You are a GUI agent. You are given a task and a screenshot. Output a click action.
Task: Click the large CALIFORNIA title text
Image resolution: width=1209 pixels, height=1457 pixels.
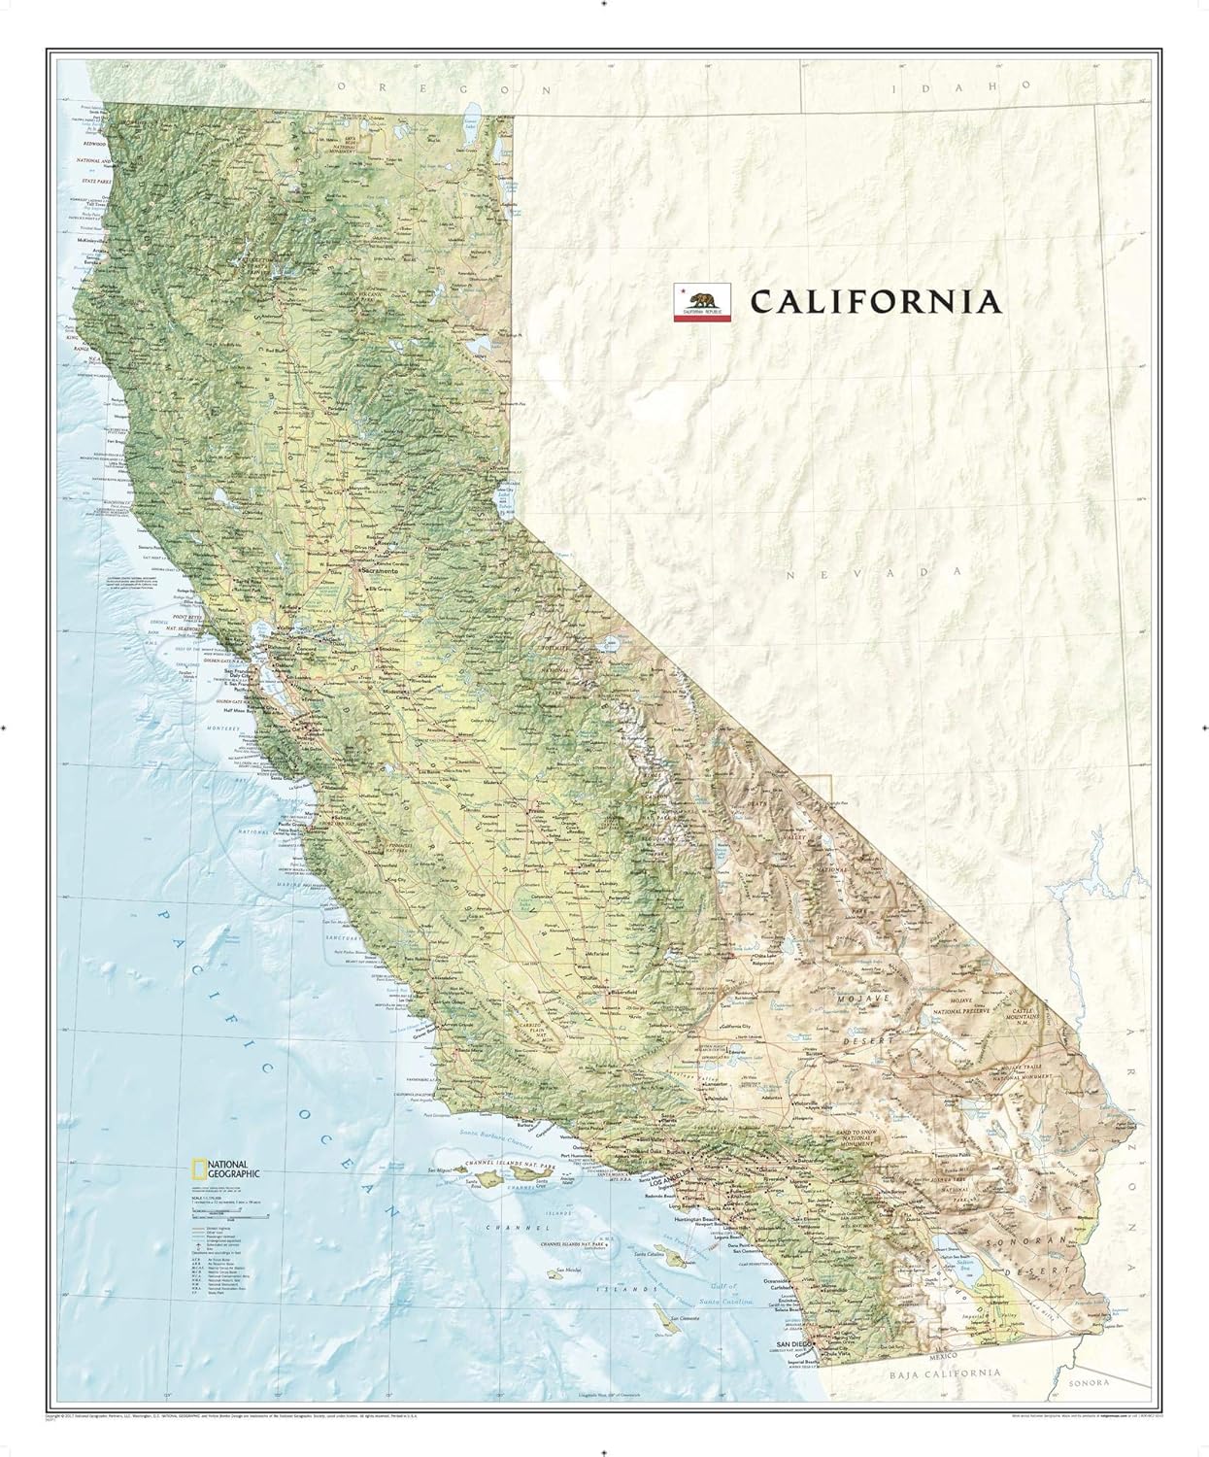tap(874, 301)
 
